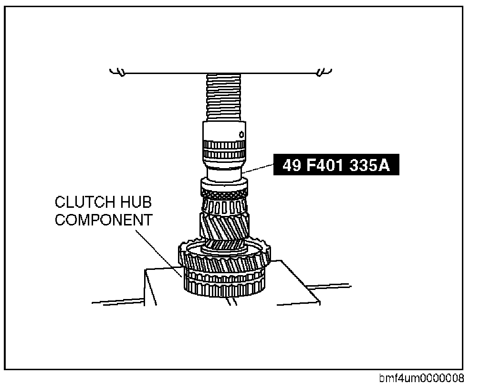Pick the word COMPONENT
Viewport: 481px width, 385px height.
[x=104, y=220]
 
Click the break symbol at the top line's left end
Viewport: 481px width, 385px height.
[x=117, y=73]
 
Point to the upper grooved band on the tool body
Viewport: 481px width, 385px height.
[x=223, y=144]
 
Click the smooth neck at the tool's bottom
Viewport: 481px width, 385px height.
[x=223, y=173]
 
